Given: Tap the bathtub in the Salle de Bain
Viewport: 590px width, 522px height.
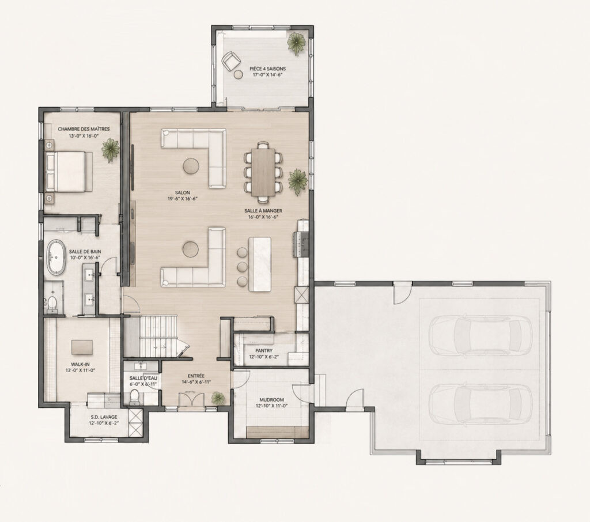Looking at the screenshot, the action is coord(56,257).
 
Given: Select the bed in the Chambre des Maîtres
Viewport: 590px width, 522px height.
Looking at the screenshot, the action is coord(69,171).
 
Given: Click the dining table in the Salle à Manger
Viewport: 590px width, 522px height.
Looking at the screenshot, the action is coord(263,172).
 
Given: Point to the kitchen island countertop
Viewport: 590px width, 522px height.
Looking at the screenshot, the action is coord(260,263).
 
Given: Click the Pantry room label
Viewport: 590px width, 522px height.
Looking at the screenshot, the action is coord(264,351).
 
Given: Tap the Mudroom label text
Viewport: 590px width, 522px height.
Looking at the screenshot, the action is coord(272,400).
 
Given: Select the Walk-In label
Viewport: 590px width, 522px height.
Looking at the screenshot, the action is coord(80,364).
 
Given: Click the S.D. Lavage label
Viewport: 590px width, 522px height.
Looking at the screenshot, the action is coord(104,417).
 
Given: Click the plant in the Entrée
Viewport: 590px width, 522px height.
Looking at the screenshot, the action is coord(217,398).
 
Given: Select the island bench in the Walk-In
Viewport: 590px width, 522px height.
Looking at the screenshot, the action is coord(82,347).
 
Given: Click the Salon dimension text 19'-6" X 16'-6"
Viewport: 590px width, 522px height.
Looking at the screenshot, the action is coord(183,199).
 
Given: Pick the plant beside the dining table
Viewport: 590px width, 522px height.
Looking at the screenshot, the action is coord(298,181).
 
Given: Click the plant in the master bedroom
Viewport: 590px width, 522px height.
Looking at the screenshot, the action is coord(110,149).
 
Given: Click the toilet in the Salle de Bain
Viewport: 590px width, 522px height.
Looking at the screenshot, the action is coord(52,303).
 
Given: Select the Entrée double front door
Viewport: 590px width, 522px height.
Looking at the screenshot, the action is coord(191,399).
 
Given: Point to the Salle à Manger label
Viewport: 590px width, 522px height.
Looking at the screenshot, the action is coord(263,211).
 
